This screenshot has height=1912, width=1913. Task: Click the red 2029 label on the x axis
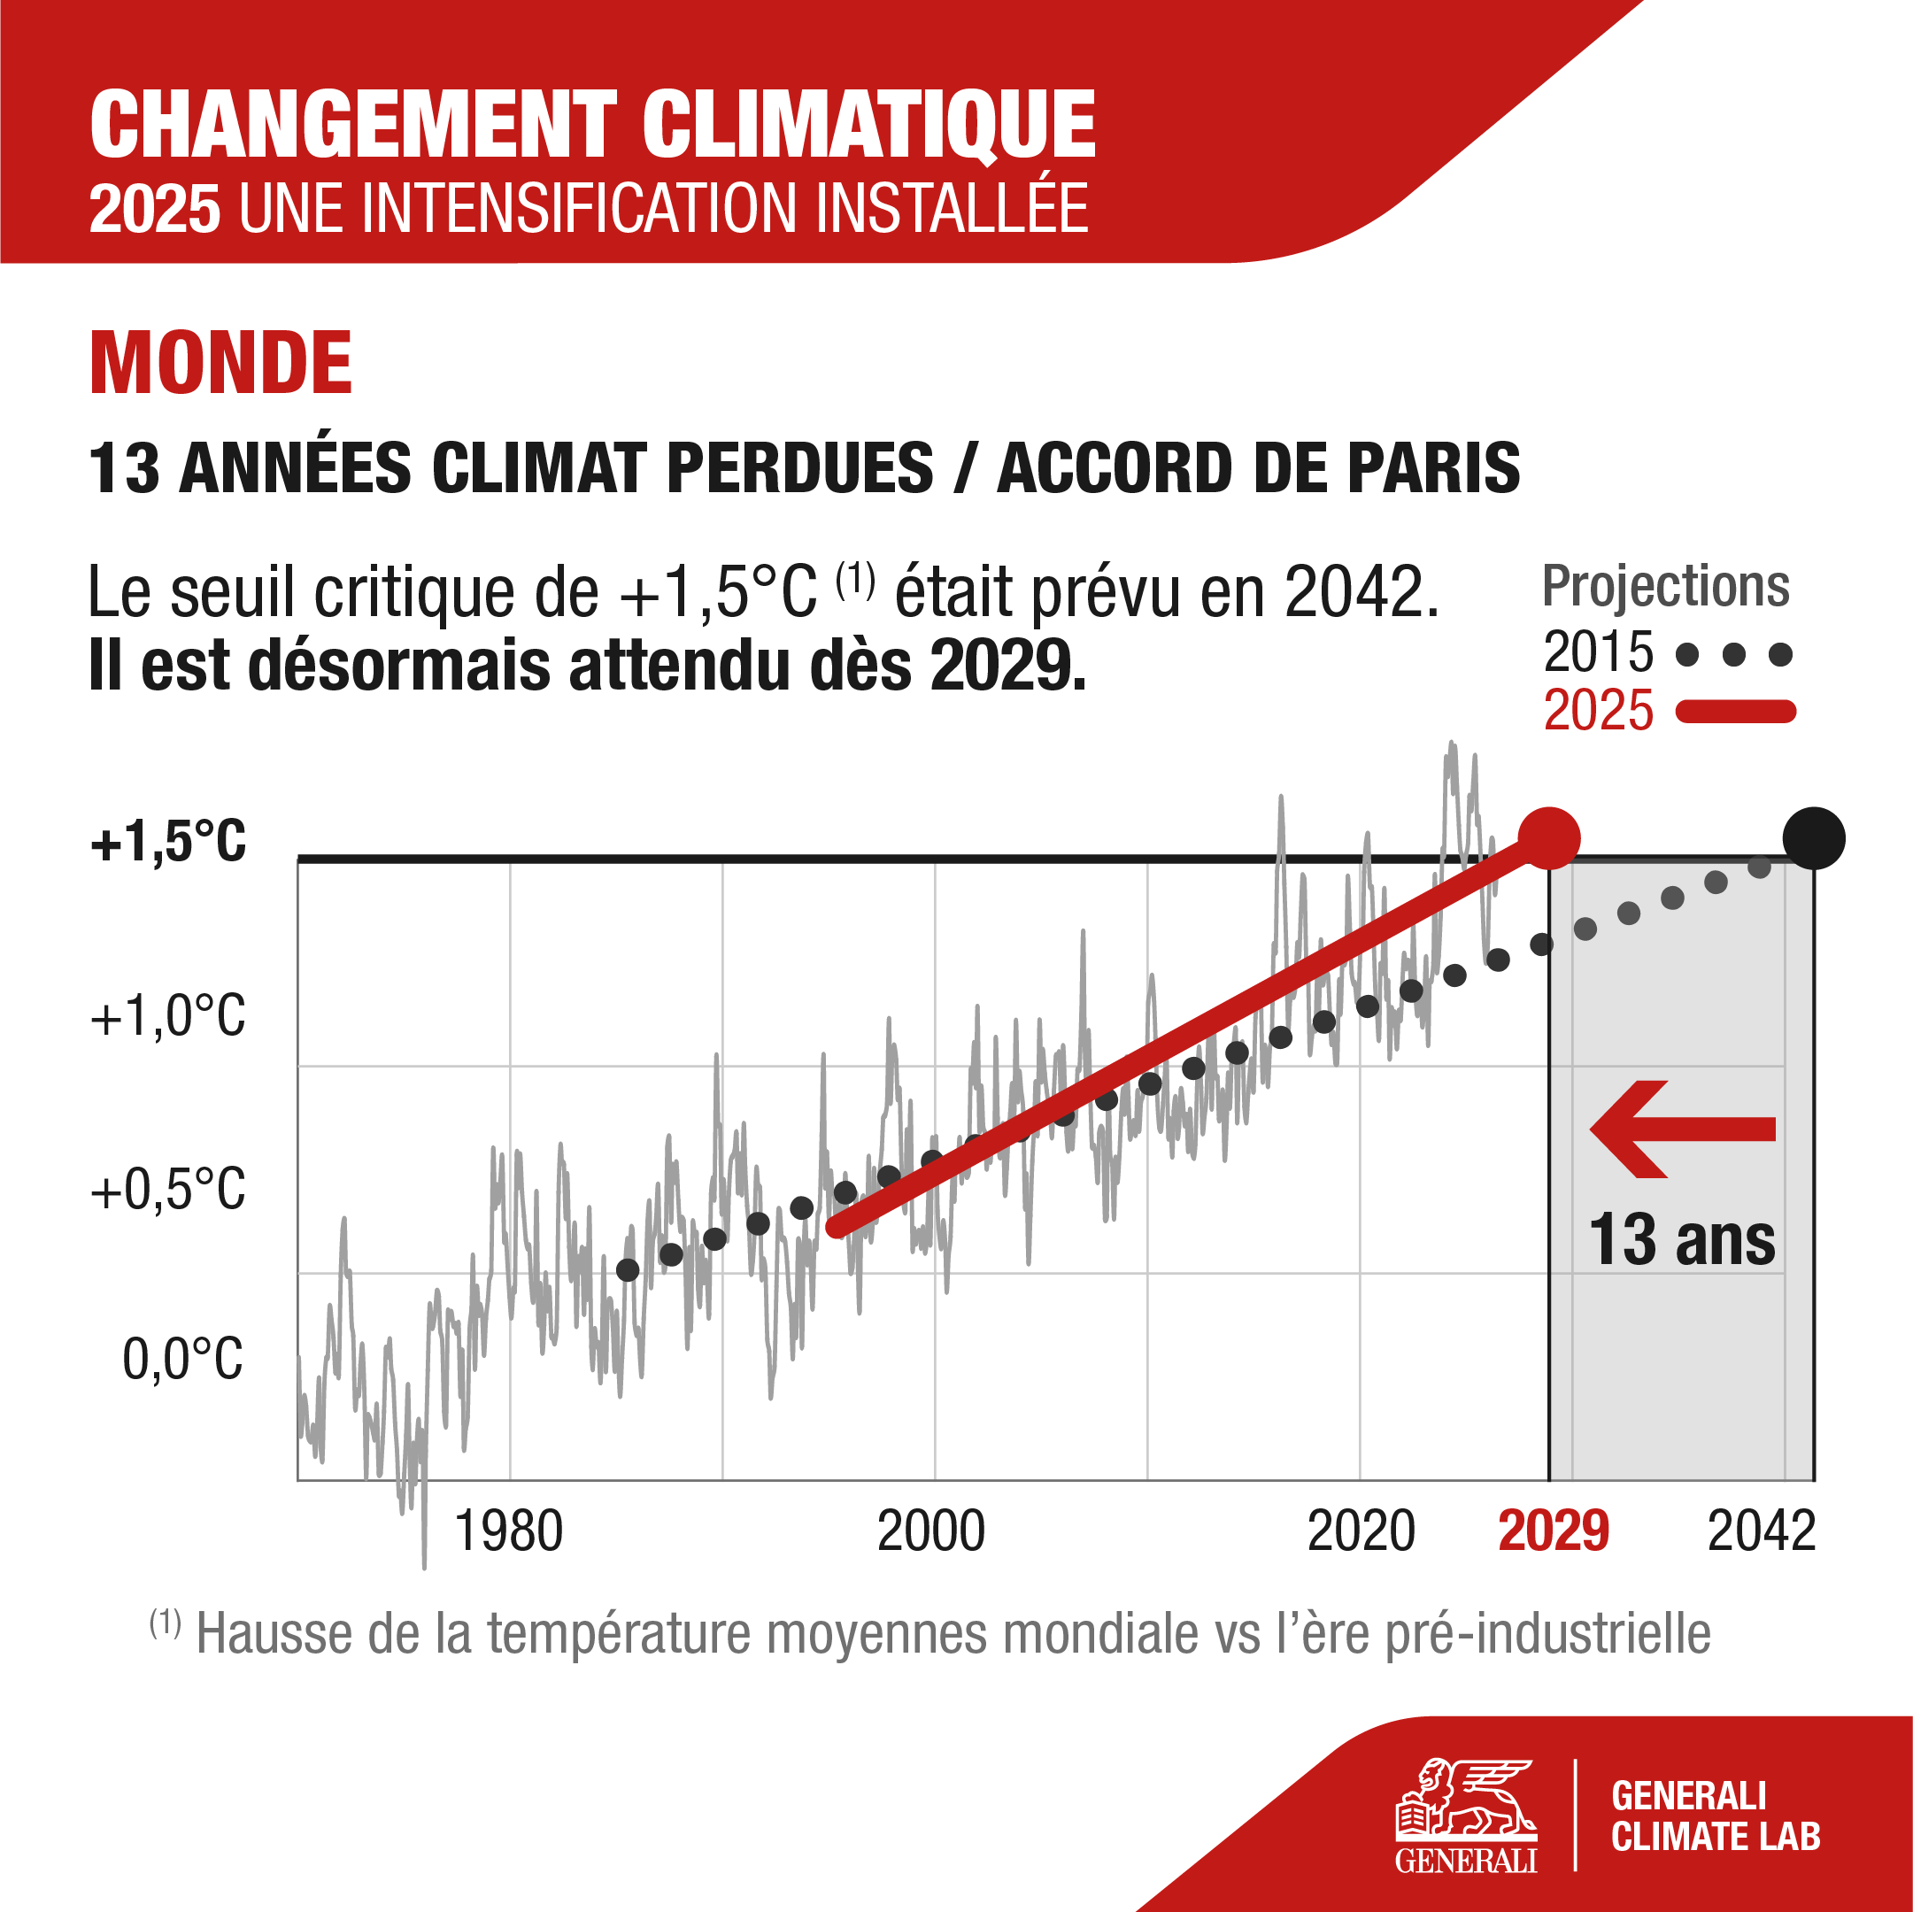pyautogui.click(x=1554, y=1531)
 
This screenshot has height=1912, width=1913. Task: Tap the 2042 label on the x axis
pyautogui.click(x=1762, y=1531)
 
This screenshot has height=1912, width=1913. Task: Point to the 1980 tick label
pyautogui.click(x=508, y=1531)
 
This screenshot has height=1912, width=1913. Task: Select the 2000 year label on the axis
pyautogui.click(x=930, y=1531)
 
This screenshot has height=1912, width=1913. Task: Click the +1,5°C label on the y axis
pyautogui.click(x=168, y=843)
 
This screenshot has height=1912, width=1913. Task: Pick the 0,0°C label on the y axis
pyautogui.click(x=182, y=1360)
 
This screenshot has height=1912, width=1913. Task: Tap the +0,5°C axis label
pyautogui.click(x=168, y=1189)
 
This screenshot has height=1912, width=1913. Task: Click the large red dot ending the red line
pyautogui.click(x=1548, y=838)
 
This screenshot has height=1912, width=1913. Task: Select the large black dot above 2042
pyautogui.click(x=1813, y=838)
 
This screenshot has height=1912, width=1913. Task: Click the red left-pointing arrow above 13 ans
pyautogui.click(x=1682, y=1129)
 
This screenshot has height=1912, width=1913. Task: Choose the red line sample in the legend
pyautogui.click(x=1735, y=711)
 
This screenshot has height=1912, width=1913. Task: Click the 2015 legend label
pyautogui.click(x=1598, y=652)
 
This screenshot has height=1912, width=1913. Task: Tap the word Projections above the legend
pyautogui.click(x=1665, y=586)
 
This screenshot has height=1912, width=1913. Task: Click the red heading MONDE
pyautogui.click(x=220, y=365)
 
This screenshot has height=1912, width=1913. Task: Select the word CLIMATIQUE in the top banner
pyautogui.click(x=868, y=126)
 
